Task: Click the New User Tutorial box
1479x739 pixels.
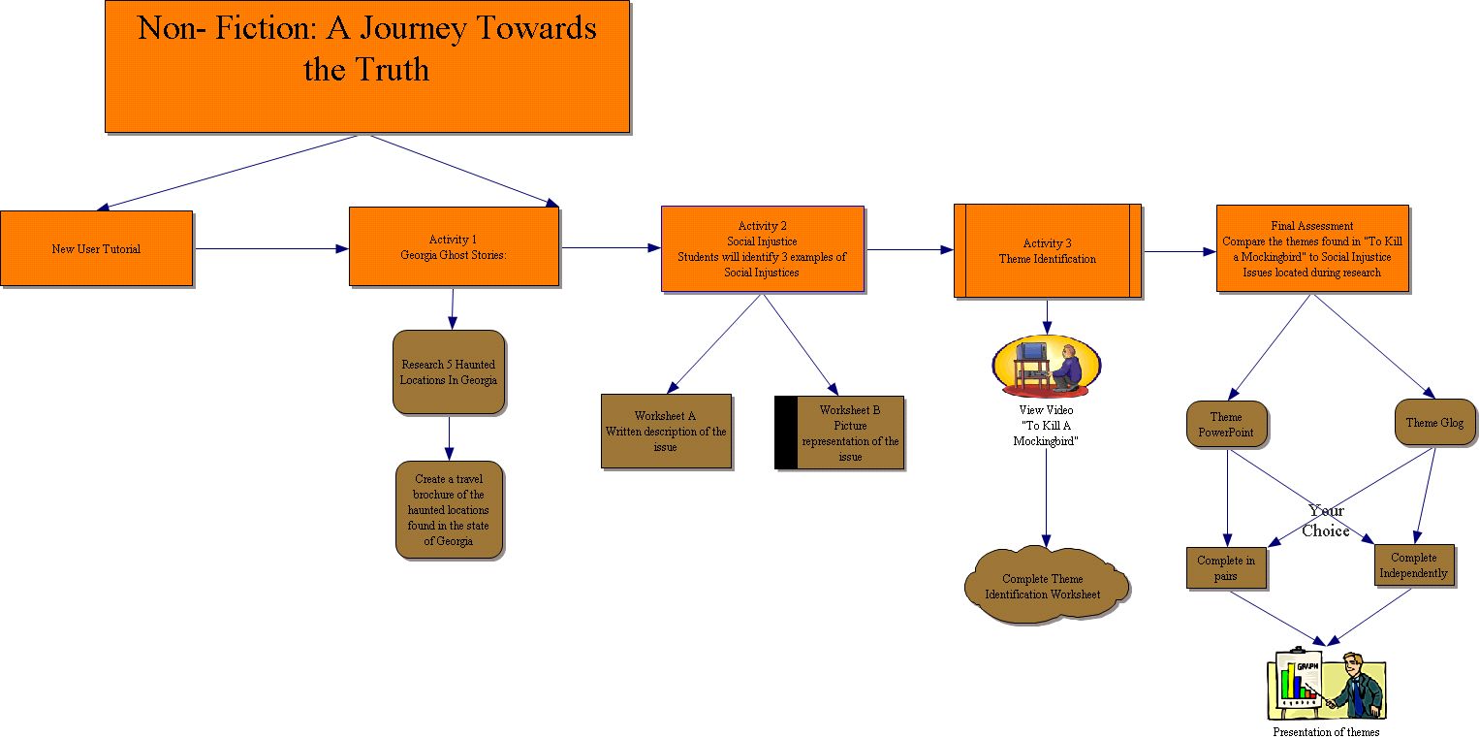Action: [x=96, y=248]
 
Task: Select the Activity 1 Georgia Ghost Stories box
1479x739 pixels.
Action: [x=454, y=246]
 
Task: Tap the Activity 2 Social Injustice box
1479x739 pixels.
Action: [x=762, y=248]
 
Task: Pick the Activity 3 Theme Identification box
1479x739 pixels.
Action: [x=1047, y=250]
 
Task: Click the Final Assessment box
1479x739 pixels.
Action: [x=1311, y=248]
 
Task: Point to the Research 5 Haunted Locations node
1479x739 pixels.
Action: [x=449, y=372]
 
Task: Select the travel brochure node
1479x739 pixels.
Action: [x=450, y=509]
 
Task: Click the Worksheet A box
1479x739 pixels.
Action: [x=666, y=431]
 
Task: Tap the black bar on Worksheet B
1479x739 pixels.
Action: [x=786, y=433]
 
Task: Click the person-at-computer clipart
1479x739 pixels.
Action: [x=1047, y=366]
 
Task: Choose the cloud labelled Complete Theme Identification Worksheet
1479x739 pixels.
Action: [x=1046, y=586]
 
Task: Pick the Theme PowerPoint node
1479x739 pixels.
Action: [x=1226, y=424]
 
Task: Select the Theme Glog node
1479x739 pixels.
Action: [x=1434, y=423]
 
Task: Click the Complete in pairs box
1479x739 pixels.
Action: [x=1226, y=567]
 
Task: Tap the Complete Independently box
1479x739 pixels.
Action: [x=1414, y=564]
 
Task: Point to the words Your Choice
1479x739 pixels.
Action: [x=1326, y=521]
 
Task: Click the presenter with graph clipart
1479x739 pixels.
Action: [x=1326, y=685]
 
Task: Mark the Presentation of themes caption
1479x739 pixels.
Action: [x=1325, y=732]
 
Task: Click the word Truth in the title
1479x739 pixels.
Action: [x=393, y=70]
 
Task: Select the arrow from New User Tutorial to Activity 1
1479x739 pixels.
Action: [x=271, y=249]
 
